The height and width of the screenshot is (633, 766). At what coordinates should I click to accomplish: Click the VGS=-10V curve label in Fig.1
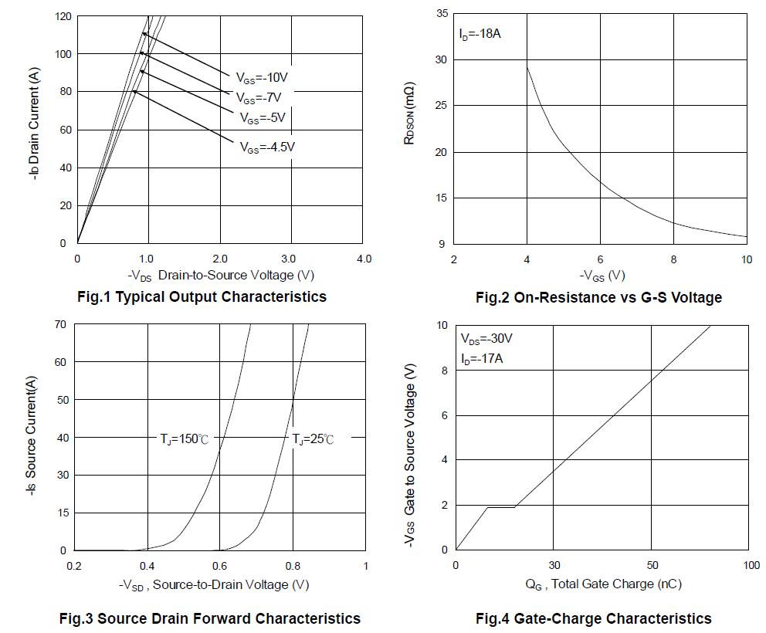pos(262,77)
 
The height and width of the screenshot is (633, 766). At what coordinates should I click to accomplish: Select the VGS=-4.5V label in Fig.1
pos(267,147)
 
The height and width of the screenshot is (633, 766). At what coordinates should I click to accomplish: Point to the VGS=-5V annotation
pos(263,118)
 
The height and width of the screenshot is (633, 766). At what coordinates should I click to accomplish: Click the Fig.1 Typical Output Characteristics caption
pos(202,296)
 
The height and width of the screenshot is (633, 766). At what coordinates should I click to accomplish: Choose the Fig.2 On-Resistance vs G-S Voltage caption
pos(598,297)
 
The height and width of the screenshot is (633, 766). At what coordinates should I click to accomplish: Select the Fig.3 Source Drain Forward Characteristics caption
pos(210,618)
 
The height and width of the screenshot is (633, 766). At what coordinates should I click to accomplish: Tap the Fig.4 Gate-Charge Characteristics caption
pos(593,618)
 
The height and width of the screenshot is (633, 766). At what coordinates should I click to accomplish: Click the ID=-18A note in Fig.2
pos(480,35)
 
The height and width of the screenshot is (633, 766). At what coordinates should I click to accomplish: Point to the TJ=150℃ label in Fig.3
pos(184,439)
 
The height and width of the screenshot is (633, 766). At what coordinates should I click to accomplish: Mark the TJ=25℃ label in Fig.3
pos(313,439)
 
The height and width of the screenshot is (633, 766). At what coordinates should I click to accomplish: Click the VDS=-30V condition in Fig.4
pos(486,339)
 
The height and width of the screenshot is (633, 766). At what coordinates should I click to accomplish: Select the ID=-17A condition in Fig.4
pos(483,359)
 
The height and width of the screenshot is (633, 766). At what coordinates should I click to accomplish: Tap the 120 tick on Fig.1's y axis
pos(63,16)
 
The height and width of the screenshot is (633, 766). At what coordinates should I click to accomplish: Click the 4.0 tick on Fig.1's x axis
pos(363,259)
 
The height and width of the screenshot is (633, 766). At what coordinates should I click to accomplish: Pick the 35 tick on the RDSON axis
pos(442,14)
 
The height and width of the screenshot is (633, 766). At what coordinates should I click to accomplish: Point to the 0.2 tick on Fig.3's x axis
pos(75,566)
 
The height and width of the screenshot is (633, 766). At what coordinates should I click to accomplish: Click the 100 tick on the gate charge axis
pos(751,566)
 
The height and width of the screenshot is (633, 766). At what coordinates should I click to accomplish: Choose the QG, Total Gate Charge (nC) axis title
pos(604,584)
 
